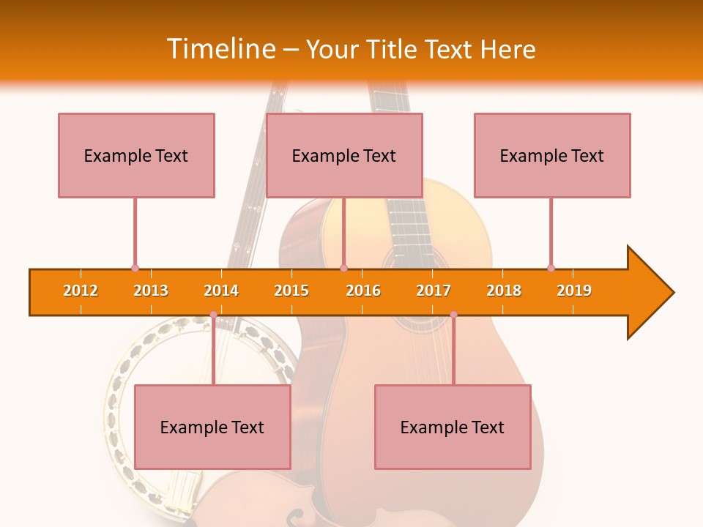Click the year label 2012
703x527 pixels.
click(x=81, y=291)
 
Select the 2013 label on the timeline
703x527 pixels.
click(x=151, y=291)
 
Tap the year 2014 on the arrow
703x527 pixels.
click(x=221, y=291)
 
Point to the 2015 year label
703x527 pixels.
click(x=291, y=291)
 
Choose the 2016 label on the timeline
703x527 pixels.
click(x=363, y=291)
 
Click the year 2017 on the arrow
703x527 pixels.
click(x=434, y=291)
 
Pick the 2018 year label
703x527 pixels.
click(x=504, y=291)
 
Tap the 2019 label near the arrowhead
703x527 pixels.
click(x=574, y=291)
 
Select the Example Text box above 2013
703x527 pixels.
click(x=136, y=155)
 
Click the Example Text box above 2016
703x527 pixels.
click(x=344, y=155)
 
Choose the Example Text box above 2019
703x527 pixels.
click(x=552, y=155)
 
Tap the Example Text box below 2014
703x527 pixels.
click(x=212, y=427)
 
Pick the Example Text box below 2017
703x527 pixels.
click(x=453, y=427)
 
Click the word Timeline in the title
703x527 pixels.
click(x=220, y=49)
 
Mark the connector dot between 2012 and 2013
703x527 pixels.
click(x=135, y=269)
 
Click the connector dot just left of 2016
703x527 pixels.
click(x=343, y=269)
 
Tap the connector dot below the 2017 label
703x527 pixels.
click(x=453, y=315)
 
